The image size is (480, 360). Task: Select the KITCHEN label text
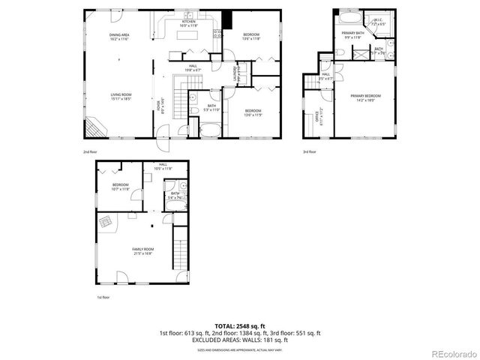[x=189, y=23]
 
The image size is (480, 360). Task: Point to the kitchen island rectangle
[x=190, y=36]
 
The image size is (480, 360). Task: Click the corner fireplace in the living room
[x=97, y=128]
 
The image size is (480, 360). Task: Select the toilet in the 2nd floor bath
[x=193, y=111]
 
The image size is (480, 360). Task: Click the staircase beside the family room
[x=180, y=251]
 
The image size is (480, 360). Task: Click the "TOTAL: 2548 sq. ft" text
[x=239, y=326]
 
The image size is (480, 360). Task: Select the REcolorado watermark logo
[x=448, y=352]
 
